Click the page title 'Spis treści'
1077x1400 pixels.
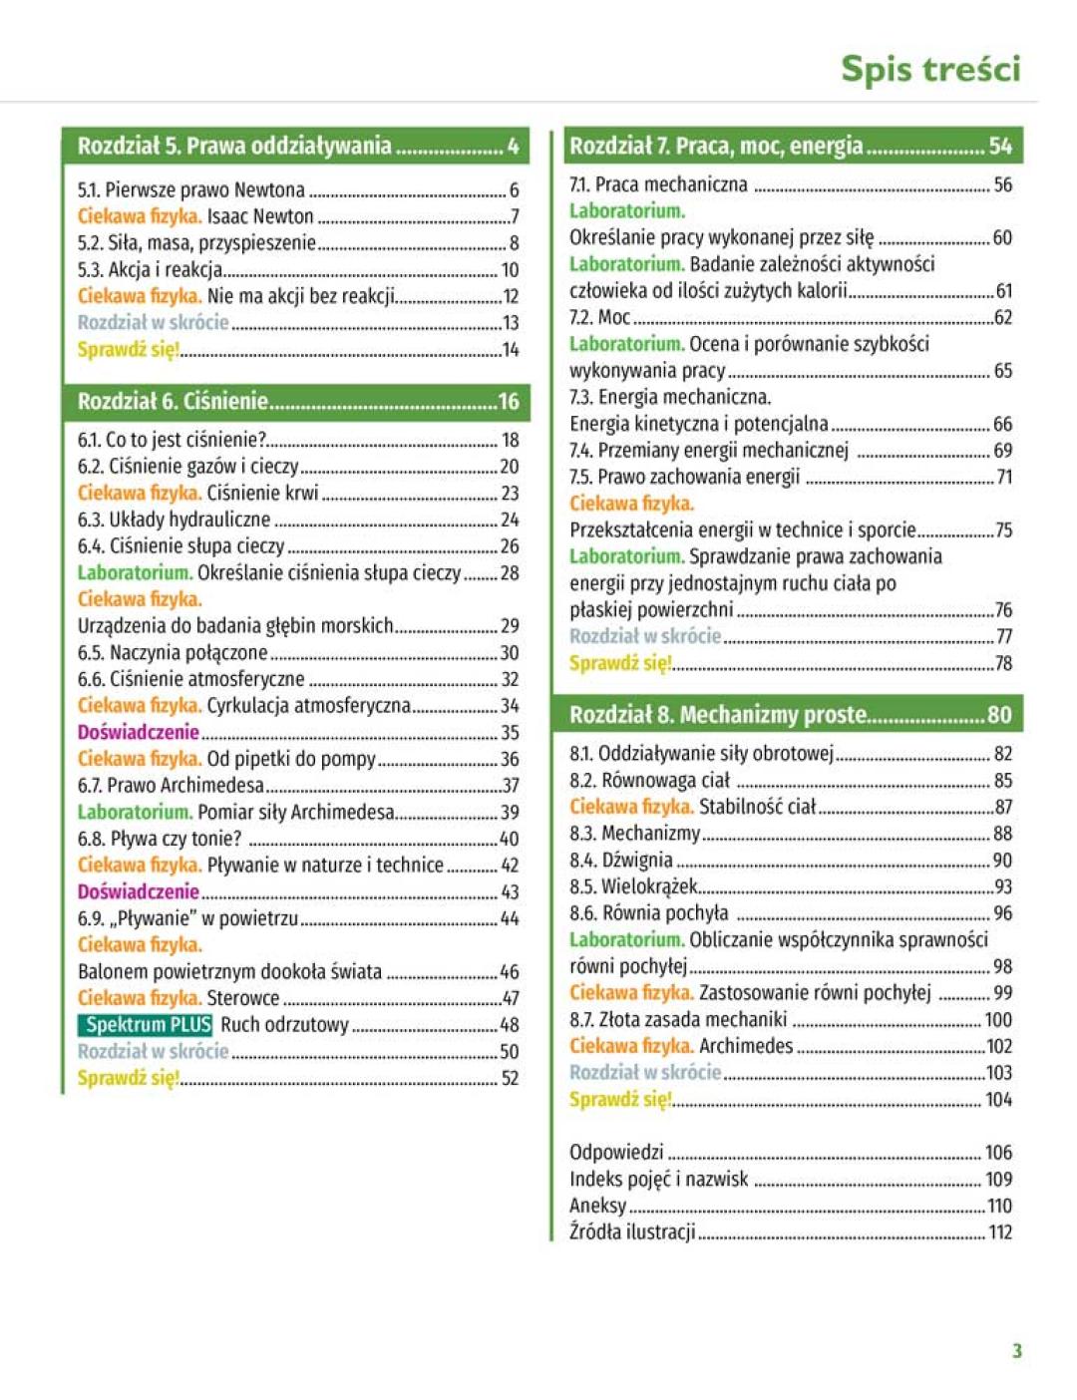coord(929,69)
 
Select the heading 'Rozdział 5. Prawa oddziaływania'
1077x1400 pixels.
coord(234,146)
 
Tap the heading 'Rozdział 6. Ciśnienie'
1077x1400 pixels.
coord(173,401)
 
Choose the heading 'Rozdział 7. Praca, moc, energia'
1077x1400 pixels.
coord(715,146)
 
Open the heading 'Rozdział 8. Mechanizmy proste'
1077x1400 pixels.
coord(717,714)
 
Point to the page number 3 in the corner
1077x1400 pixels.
coord(1016,1351)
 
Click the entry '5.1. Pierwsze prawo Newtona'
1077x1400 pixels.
coord(191,189)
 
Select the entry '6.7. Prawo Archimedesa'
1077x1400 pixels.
coord(171,785)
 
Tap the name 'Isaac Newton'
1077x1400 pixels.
coord(260,216)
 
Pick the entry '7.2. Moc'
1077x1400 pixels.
coord(599,317)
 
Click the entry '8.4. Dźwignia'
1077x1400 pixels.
coord(621,860)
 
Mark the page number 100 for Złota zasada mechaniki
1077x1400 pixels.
coord(998,1019)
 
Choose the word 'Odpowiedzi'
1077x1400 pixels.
coord(616,1152)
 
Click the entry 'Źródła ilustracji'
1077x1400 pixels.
coord(632,1231)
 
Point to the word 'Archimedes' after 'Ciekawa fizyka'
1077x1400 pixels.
coord(746,1046)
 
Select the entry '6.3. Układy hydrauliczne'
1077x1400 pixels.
coord(174,520)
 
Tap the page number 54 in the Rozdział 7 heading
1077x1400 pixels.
coord(1000,146)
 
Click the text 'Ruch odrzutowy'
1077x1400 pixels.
coord(284,1024)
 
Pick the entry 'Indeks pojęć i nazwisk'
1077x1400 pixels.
coord(658,1179)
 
